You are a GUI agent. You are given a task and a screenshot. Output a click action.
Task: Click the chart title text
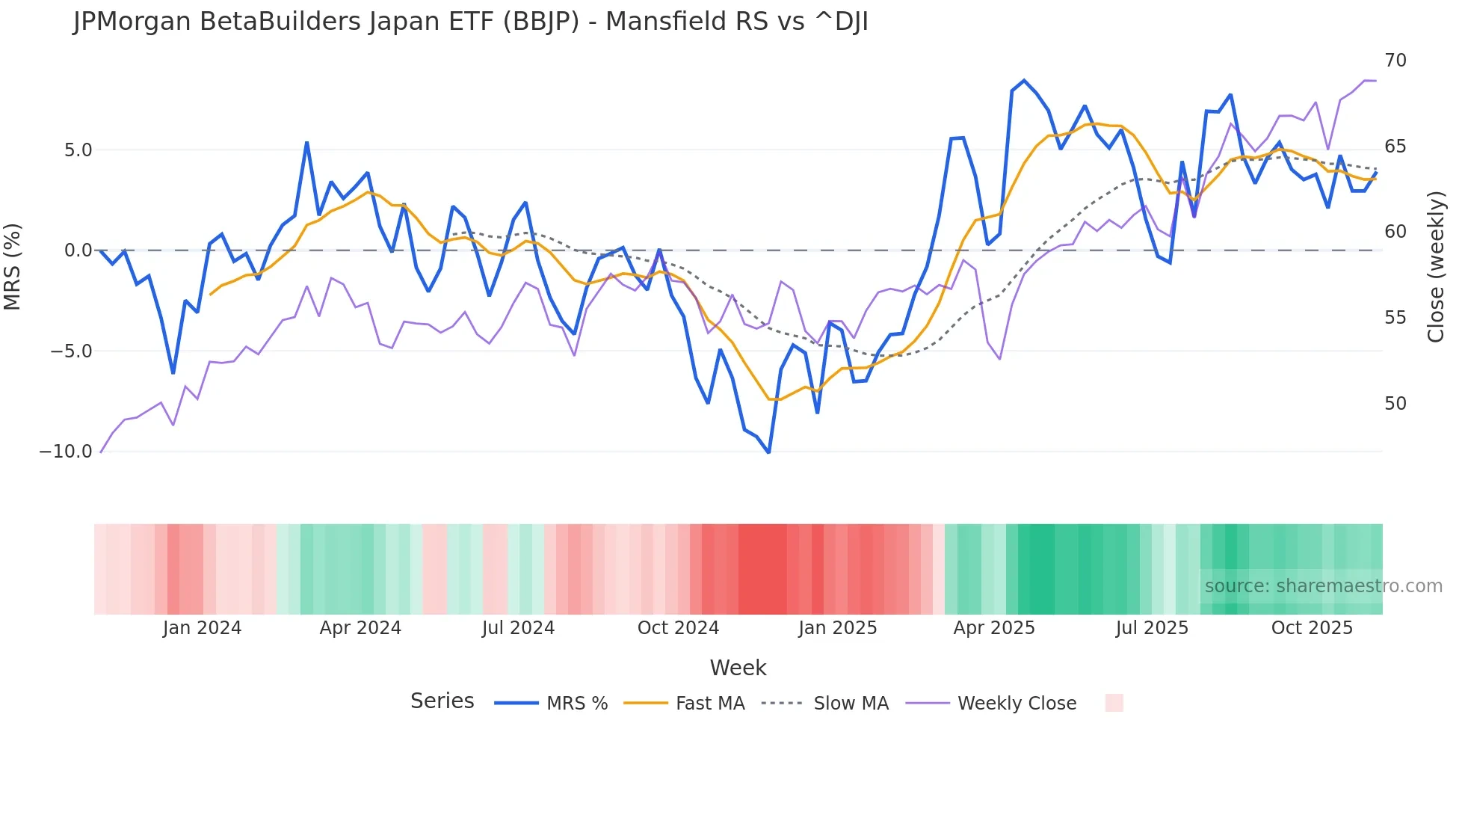coord(471,22)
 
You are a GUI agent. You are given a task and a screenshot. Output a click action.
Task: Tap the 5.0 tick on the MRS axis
coord(78,150)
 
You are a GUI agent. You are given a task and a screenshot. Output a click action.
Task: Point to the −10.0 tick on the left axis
coord(66,452)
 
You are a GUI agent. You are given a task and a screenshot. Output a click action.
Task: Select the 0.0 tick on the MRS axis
coord(78,250)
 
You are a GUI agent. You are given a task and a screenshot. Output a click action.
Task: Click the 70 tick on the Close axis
coord(1395,61)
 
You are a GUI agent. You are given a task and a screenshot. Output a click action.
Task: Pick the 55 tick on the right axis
coord(1395,318)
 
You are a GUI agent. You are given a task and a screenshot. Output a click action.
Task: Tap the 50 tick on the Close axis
coord(1395,404)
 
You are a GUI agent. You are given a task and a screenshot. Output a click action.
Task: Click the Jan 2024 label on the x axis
coord(202,628)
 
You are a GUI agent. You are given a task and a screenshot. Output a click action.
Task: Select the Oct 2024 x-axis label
coord(678,628)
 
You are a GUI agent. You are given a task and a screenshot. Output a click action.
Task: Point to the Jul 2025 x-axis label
coord(1152,628)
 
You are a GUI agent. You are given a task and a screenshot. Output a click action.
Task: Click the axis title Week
coord(738,668)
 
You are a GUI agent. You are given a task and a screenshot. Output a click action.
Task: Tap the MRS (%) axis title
coord(13,266)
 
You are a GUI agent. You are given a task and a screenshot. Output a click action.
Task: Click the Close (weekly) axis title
coord(1435,266)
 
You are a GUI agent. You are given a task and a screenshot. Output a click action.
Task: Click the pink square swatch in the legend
coord(1114,703)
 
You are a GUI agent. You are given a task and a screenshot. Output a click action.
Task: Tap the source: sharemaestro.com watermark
coord(1323,586)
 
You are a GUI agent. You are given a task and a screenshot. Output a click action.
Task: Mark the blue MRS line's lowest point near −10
coord(768,452)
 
